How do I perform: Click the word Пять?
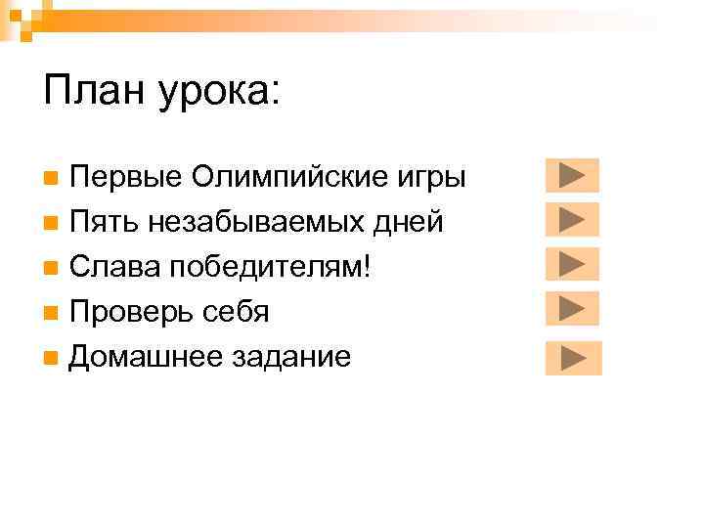tap(105, 223)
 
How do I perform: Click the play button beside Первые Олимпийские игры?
tap(571, 175)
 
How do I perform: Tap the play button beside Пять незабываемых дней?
tap(571, 219)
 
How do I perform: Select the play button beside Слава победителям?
tap(571, 263)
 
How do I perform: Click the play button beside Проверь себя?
tap(571, 308)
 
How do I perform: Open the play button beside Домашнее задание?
tap(573, 358)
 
